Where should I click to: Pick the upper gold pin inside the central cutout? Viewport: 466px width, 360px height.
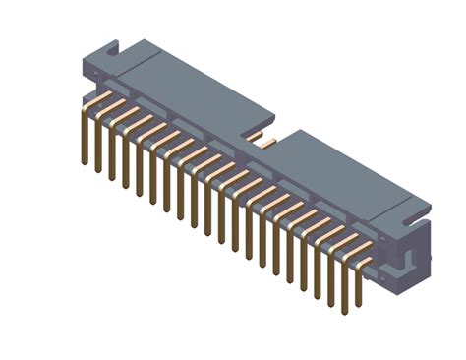[x=254, y=135]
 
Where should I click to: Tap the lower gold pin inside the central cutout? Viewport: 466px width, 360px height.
[x=266, y=144]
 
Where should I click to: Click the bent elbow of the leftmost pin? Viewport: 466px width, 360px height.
[x=84, y=105]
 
